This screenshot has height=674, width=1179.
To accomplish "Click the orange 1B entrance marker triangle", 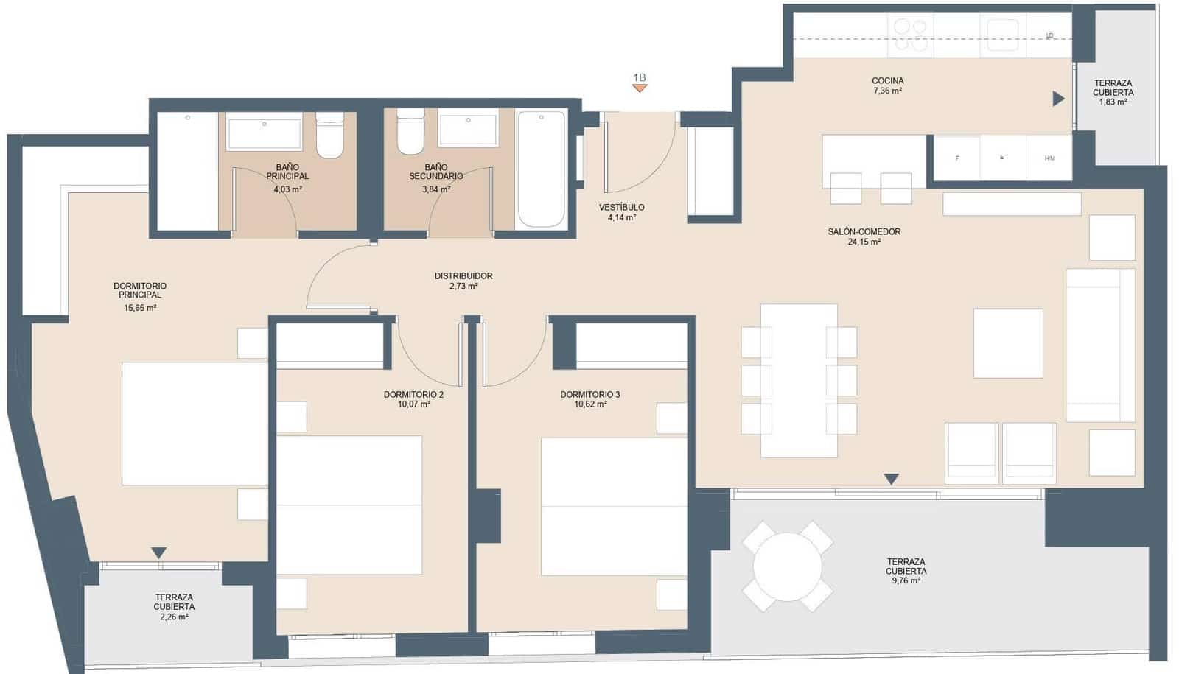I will (x=640, y=88).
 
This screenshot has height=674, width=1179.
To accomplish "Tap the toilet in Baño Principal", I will (x=329, y=136).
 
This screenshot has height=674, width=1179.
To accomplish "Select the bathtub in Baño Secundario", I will (x=542, y=169).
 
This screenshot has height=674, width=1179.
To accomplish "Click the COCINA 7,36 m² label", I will (x=887, y=85).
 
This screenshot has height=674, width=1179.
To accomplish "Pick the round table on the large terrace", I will (x=787, y=566).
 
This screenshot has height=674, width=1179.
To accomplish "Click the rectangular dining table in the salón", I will (x=799, y=380).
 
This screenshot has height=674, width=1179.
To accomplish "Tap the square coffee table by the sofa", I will (x=1007, y=343).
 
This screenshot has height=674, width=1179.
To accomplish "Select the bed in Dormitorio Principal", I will (x=195, y=423).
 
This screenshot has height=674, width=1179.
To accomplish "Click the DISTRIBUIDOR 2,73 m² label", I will (x=463, y=281).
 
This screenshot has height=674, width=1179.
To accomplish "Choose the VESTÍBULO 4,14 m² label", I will (x=622, y=212).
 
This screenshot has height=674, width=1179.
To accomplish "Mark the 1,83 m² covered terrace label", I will (x=1113, y=93).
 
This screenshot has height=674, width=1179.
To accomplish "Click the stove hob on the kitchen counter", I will (x=910, y=35).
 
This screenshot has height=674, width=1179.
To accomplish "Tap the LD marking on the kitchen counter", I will (x=1049, y=35).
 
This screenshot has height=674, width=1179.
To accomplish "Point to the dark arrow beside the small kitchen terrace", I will (x=1058, y=99).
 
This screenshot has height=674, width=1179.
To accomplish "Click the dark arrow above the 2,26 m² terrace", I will (x=158, y=552).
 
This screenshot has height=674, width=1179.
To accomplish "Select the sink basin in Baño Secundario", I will (x=468, y=130).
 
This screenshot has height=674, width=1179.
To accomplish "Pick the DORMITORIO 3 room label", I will (x=589, y=399).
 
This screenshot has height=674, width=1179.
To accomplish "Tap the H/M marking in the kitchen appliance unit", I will (x=1049, y=158).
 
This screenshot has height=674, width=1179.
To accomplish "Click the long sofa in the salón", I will (x=1100, y=345).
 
